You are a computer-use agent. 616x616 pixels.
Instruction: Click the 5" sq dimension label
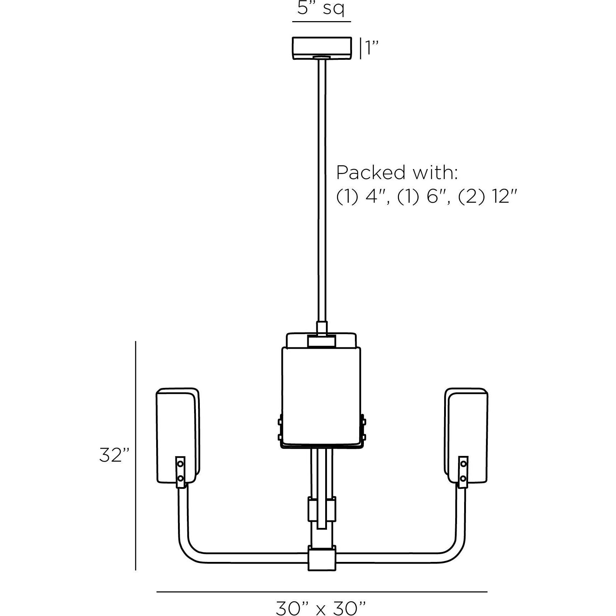point(321,9)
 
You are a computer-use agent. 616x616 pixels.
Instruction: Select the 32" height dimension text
point(114,455)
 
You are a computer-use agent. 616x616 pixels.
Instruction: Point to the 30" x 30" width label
point(321,607)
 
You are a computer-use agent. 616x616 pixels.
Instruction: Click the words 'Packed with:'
point(397,173)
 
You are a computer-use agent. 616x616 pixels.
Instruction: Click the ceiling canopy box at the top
point(322,48)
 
